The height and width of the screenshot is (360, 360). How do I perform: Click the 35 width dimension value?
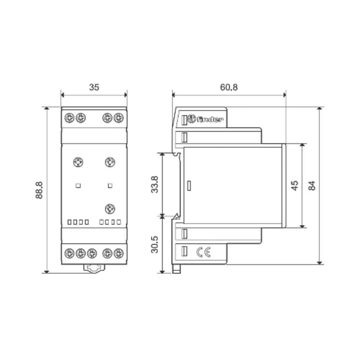94,87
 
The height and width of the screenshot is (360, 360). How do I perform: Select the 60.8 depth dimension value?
229,87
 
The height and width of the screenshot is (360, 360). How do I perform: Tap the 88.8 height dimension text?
39,190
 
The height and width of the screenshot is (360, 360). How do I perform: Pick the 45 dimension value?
294,185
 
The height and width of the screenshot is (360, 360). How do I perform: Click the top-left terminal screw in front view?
69,117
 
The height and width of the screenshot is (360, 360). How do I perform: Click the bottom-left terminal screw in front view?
69,253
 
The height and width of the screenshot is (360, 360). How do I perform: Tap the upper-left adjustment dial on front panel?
78,162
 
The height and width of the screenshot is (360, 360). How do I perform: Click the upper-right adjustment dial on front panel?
110,162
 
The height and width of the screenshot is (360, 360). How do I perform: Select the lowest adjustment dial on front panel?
110,208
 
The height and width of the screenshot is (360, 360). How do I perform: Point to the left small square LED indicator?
78,186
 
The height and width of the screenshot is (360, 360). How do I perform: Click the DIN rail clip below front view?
94,268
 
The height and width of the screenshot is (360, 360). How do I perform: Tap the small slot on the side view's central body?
189,186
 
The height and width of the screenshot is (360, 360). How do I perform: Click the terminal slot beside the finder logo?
185,120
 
